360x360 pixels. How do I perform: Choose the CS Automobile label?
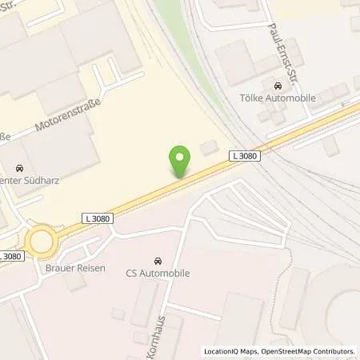pos(157,274)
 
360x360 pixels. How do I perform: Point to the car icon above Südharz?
pos(20,168)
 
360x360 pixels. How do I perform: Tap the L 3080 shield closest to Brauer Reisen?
pos(96,217)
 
